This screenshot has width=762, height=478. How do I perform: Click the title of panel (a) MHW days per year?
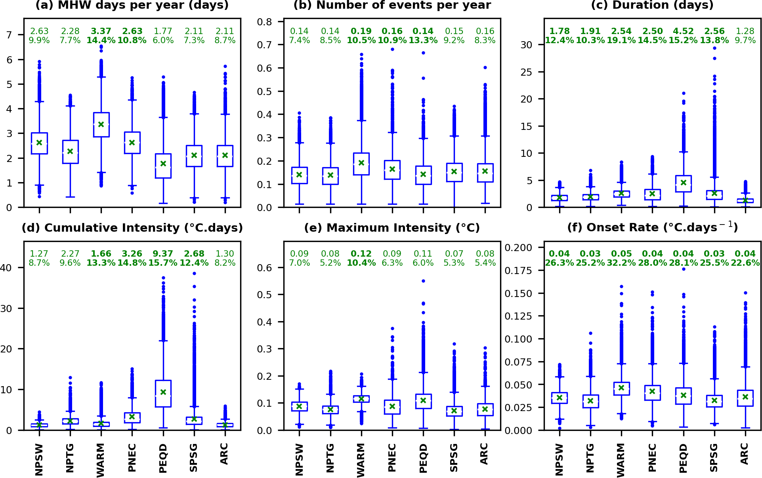pos(132,5)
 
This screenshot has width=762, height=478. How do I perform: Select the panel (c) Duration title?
pos(652,5)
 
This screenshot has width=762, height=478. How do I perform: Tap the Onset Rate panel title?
pos(652,227)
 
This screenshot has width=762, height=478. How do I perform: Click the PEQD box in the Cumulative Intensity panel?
pos(163,393)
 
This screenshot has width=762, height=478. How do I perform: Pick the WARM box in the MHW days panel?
pos(101,125)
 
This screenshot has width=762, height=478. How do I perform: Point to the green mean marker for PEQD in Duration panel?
pos(684,183)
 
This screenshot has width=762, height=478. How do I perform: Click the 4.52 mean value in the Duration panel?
pos(684,31)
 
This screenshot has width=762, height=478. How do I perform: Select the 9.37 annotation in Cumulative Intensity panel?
pos(163,254)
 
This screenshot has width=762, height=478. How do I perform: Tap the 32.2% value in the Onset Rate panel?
pos(621,263)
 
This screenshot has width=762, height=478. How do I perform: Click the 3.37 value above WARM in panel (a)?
pos(101,31)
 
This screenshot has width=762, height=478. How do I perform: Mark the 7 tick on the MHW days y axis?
pos(9,35)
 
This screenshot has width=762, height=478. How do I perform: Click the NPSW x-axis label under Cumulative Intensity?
pos(39,459)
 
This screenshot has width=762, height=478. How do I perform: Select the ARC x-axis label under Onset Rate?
pos(745,454)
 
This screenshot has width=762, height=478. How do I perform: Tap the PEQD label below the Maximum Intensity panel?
pos(423,458)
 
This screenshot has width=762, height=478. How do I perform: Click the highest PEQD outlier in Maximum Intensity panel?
pos(423,281)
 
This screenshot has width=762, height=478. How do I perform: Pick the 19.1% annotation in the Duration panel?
pos(621,40)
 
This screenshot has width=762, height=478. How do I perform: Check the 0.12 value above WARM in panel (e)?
pos(361,254)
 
